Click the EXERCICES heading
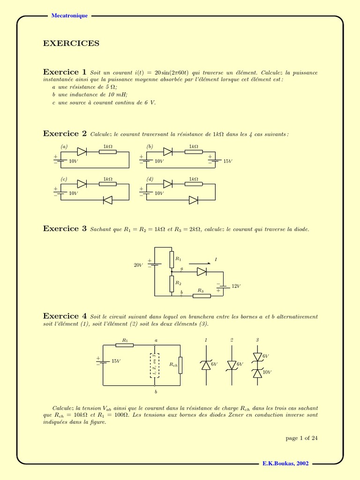[x=71, y=44]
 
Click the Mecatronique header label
[x=69, y=16]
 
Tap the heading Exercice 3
[x=65, y=229]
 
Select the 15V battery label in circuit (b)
[x=228, y=161]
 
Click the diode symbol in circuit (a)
[x=82, y=151]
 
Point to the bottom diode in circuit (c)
[x=108, y=200]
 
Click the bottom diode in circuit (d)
[x=193, y=200]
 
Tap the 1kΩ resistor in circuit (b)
[x=194, y=151]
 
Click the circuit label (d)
[x=150, y=179]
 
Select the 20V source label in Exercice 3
[x=138, y=265]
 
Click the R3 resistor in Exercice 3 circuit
[x=202, y=296]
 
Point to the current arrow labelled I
[x=201, y=263]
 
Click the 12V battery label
[x=236, y=286]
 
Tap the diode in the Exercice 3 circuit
[x=202, y=271]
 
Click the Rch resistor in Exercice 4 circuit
[x=181, y=365]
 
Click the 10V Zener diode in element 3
[x=257, y=373]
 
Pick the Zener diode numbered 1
[x=206, y=365]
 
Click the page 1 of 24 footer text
[x=302, y=438]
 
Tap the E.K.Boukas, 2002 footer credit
[x=285, y=463]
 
